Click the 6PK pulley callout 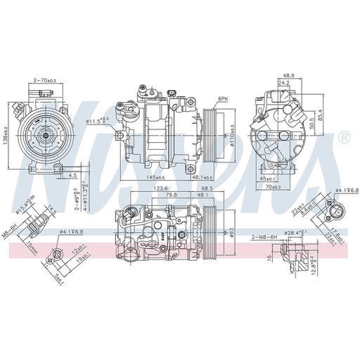click(223, 99)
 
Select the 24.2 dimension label click(284, 83)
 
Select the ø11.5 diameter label click(97, 122)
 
